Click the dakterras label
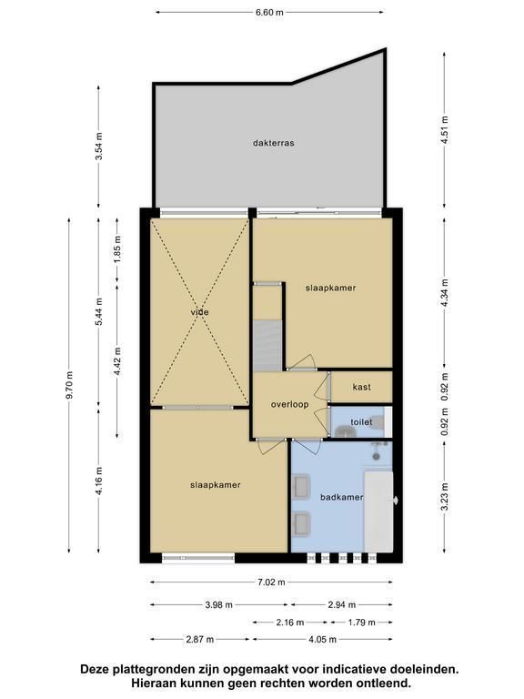[273, 143]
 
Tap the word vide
[199, 312]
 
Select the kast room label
[361, 387]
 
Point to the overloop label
[289, 405]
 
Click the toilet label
[361, 421]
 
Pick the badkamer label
[342, 497]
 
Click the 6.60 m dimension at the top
[269, 13]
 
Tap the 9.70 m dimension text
[69, 386]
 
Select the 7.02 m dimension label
[271, 582]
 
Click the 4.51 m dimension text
[445, 130]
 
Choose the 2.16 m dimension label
[289, 623]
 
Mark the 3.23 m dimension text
[445, 498]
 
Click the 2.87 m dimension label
[199, 639]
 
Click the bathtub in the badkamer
[378, 512]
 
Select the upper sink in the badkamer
[301, 487]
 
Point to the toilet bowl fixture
[377, 421]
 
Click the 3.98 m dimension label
[218, 605]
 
